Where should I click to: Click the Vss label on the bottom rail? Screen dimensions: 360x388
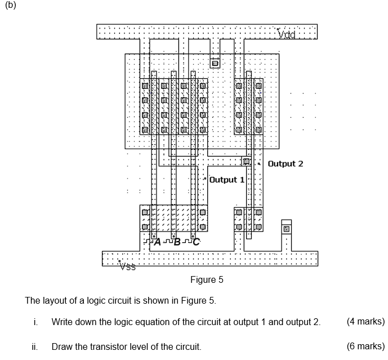(x=127, y=266)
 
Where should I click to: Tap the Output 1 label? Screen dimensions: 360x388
(x=227, y=180)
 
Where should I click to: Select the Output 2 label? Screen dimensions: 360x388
(x=285, y=164)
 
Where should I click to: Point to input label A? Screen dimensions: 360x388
(x=157, y=242)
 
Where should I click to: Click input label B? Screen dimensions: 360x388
(x=177, y=242)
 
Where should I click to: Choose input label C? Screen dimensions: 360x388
(x=196, y=242)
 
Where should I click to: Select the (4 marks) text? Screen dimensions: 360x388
(x=365, y=322)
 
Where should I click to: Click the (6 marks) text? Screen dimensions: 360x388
(x=365, y=346)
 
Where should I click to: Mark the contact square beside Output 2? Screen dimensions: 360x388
(x=246, y=162)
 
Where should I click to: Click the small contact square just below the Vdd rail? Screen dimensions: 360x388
(x=215, y=64)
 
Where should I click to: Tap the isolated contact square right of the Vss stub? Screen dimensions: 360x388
(x=287, y=229)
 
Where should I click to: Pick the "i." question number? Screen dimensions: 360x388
(x=35, y=322)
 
